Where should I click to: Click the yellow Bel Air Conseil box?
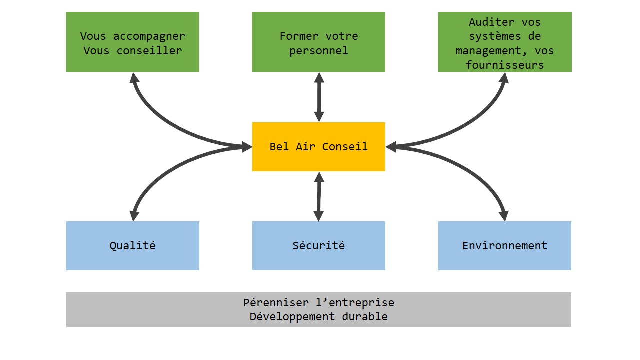tap(319, 147)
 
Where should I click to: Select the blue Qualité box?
tap(133, 245)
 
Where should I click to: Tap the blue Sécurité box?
tap(319, 245)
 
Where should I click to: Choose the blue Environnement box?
tap(505, 245)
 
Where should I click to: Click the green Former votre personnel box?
tap(319, 41)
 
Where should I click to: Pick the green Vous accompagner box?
tap(133, 41)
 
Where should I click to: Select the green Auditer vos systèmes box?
tap(505, 41)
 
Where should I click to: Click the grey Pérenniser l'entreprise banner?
tap(319, 309)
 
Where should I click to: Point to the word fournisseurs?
tap(505, 65)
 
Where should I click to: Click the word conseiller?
tap(149, 51)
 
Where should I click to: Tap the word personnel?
tap(319, 51)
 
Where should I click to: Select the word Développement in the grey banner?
tap(292, 317)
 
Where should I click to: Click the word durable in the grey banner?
tap(365, 316)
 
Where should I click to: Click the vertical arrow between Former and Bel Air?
tap(319, 97)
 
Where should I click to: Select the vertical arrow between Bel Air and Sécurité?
tap(319, 196)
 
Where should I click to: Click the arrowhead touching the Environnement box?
tap(505, 216)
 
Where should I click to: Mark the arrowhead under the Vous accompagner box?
tap(134, 77)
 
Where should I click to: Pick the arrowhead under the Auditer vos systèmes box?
tap(504, 77)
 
